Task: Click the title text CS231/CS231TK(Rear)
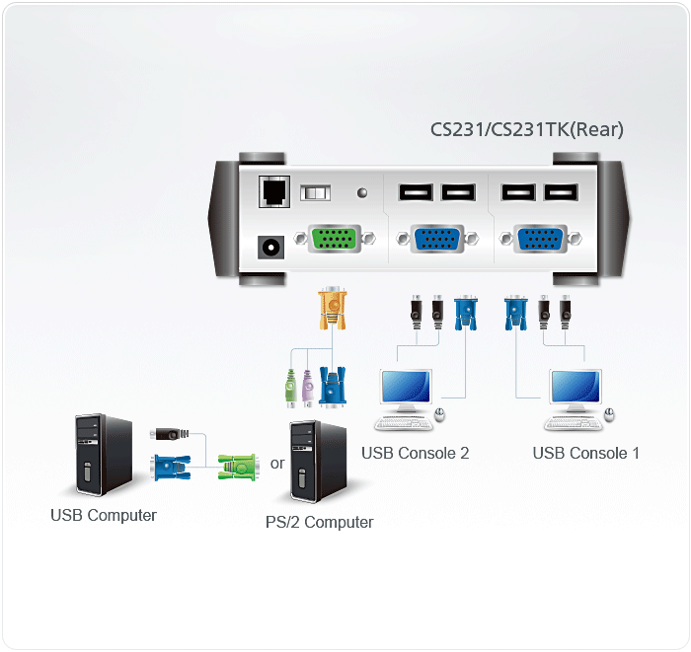(x=526, y=129)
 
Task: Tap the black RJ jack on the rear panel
(x=271, y=192)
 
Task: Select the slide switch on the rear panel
(x=317, y=193)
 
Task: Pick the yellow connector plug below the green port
(x=332, y=309)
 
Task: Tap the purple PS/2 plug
(x=308, y=388)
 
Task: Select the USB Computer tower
(x=104, y=455)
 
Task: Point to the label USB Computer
(x=104, y=515)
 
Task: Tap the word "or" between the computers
(x=277, y=463)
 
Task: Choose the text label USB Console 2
(x=415, y=454)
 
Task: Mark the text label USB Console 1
(x=586, y=454)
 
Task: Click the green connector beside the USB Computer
(x=237, y=465)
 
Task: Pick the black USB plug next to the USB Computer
(x=169, y=434)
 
